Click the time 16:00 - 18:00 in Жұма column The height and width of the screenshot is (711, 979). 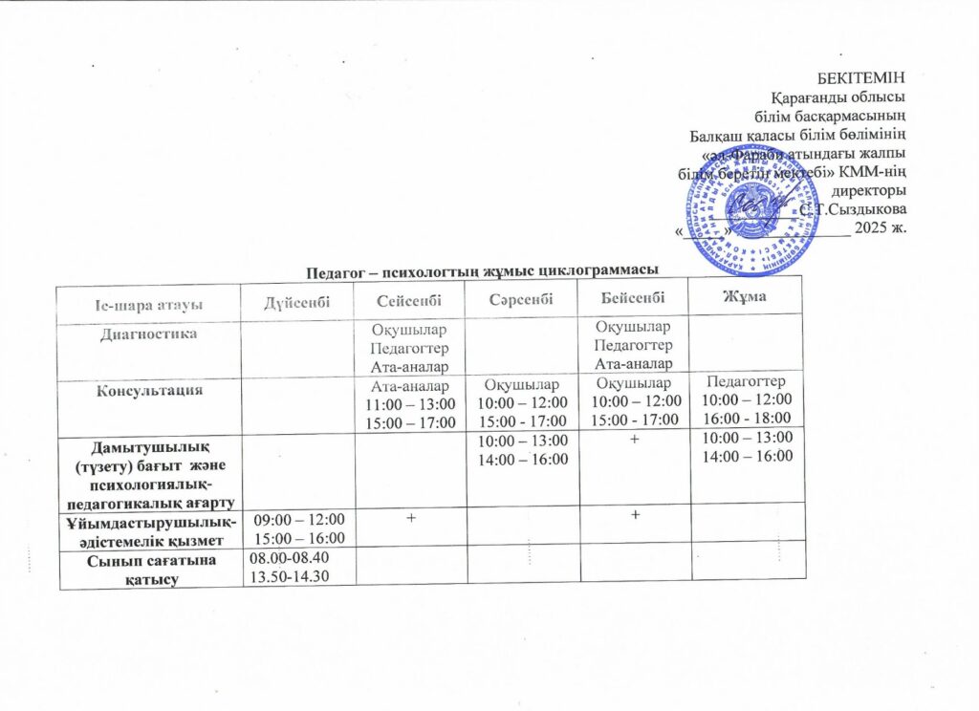[747, 418]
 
